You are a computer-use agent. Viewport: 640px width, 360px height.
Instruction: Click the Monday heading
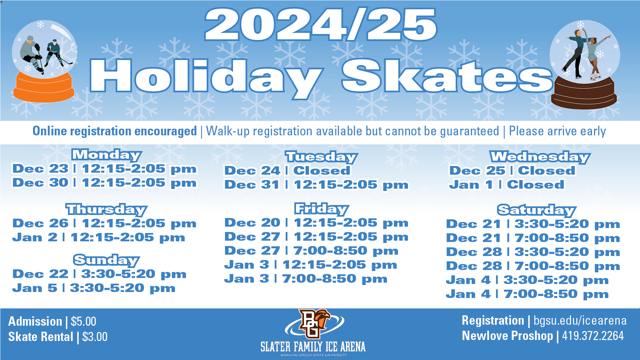tap(107, 155)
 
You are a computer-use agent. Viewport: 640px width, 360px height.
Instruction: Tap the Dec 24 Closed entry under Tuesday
tap(287, 171)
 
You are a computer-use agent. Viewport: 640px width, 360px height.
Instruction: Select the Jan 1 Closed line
tap(507, 185)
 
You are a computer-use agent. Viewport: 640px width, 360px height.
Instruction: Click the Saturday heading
tap(537, 210)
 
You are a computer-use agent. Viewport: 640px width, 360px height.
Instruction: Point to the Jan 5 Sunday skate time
tap(94, 288)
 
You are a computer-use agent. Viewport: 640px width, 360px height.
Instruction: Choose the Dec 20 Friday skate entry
tap(316, 223)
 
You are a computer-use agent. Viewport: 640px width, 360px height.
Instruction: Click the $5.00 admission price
tap(83, 321)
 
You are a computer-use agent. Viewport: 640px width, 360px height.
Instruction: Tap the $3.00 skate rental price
tap(95, 337)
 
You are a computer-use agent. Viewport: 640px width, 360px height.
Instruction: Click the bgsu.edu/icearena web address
tap(580, 321)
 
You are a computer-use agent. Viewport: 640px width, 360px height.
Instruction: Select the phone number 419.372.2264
tap(593, 336)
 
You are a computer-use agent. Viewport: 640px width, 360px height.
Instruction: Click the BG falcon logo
tap(314, 323)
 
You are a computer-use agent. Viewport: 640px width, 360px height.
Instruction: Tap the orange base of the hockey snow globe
tap(44, 87)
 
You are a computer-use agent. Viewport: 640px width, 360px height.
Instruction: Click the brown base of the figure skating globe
tap(584, 94)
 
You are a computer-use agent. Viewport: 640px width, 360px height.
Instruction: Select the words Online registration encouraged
tap(115, 131)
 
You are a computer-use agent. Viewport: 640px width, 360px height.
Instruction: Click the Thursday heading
tap(107, 210)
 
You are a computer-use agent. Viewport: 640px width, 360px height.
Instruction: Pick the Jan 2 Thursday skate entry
tap(99, 237)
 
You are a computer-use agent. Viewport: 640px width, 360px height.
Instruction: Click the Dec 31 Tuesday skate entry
tap(316, 185)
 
